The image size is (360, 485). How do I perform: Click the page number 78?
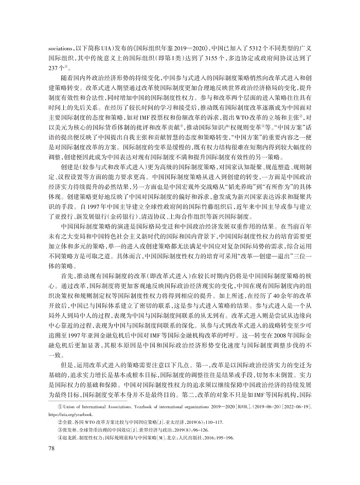click(x=51, y=449)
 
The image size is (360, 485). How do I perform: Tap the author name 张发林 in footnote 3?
click(x=71, y=430)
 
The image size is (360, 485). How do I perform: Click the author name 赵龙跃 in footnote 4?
click(x=71, y=438)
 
